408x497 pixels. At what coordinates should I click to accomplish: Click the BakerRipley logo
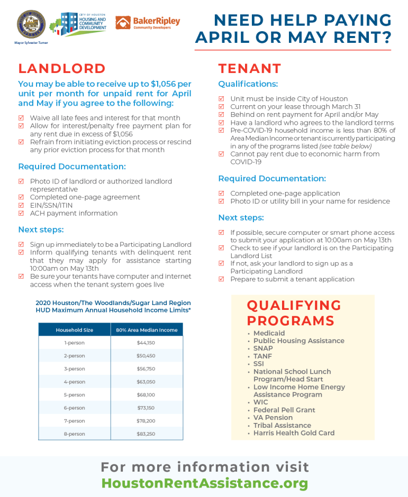(x=148, y=23)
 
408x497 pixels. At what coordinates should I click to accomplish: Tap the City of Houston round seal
(x=27, y=23)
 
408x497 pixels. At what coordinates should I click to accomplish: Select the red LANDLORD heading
(x=62, y=69)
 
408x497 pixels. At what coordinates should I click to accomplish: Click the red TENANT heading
(x=250, y=69)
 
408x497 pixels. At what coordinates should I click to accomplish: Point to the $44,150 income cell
(x=146, y=343)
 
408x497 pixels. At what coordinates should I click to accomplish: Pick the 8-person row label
(x=74, y=434)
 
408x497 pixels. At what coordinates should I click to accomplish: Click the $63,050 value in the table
(x=146, y=382)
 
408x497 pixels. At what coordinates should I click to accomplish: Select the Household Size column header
(x=74, y=330)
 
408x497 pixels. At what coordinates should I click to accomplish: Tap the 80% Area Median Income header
(x=147, y=330)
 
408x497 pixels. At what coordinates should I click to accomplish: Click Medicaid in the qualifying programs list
(x=269, y=333)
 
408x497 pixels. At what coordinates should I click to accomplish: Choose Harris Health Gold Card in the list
(x=294, y=433)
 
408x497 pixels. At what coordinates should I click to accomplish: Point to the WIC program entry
(x=260, y=402)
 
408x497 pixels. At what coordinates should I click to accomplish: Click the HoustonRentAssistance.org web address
(x=204, y=483)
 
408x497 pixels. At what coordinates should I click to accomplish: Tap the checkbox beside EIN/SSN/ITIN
(x=21, y=205)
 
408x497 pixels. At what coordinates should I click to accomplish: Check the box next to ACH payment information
(x=21, y=213)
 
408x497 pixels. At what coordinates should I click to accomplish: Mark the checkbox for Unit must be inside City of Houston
(x=221, y=99)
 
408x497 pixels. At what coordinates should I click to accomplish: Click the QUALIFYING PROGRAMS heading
(x=294, y=313)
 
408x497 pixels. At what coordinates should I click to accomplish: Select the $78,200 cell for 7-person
(x=146, y=421)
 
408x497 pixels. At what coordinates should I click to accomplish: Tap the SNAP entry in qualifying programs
(x=263, y=348)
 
